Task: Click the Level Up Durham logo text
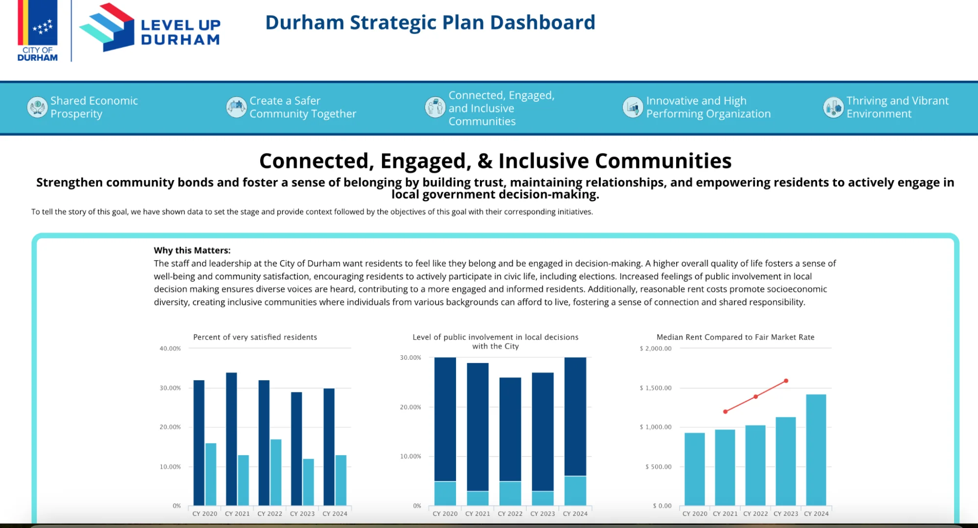tap(181, 32)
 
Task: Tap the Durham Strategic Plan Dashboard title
tap(430, 23)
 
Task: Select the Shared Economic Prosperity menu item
tap(94, 107)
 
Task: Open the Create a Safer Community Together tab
tap(302, 107)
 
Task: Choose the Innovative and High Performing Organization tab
tap(708, 107)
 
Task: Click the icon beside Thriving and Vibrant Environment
tap(833, 107)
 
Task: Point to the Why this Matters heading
tap(192, 250)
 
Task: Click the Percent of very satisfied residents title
tap(255, 337)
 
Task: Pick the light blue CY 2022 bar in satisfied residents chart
tap(276, 472)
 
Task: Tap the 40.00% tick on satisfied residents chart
tap(170, 348)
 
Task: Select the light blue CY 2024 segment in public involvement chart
tap(575, 490)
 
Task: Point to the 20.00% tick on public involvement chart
tap(410, 407)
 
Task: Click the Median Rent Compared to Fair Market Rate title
tap(735, 337)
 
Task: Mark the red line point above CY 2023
tap(786, 381)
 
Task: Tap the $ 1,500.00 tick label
tap(655, 388)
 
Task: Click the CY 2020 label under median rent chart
tap(694, 513)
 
